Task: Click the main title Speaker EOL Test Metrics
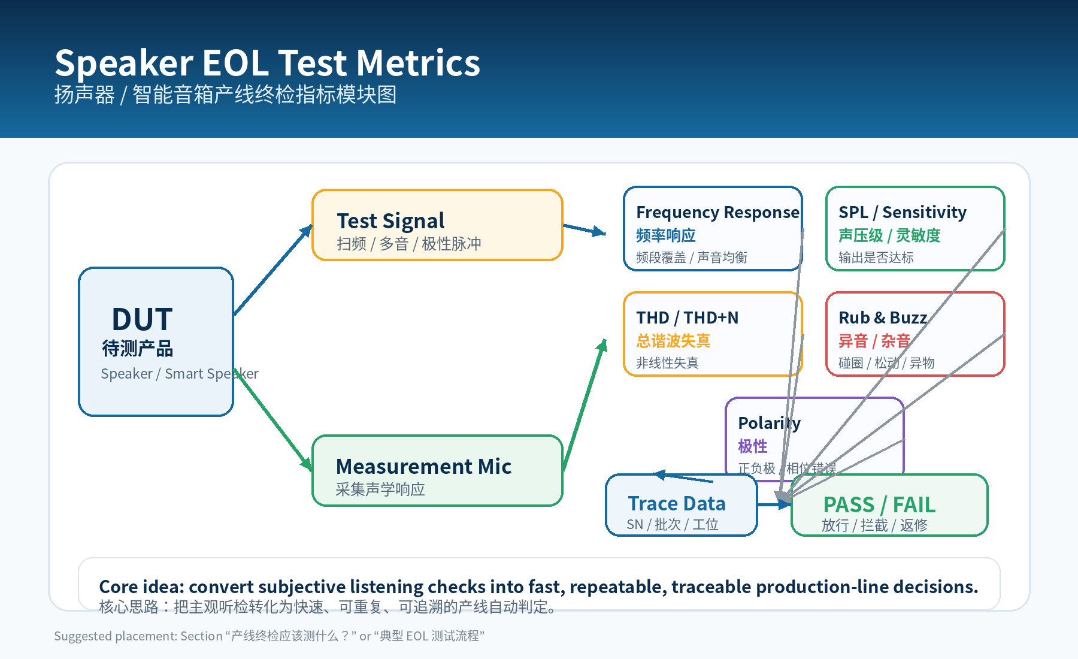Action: click(267, 63)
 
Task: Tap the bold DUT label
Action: click(142, 319)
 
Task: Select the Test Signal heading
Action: click(390, 221)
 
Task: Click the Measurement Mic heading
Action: click(423, 467)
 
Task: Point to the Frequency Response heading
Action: click(717, 213)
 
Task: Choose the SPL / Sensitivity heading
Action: click(902, 213)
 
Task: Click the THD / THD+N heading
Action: click(687, 318)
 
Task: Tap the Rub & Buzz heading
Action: click(882, 318)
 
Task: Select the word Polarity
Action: click(768, 424)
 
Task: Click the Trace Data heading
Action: click(676, 504)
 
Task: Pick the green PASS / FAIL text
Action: click(879, 505)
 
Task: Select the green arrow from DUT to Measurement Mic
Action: click(274, 421)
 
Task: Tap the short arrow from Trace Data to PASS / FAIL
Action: click(774, 505)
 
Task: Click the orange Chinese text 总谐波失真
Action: click(673, 341)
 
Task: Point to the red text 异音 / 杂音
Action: click(874, 341)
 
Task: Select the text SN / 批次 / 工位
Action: click(672, 525)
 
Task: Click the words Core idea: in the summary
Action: click(141, 587)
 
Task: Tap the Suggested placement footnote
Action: click(269, 636)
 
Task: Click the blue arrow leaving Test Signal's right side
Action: click(584, 229)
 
